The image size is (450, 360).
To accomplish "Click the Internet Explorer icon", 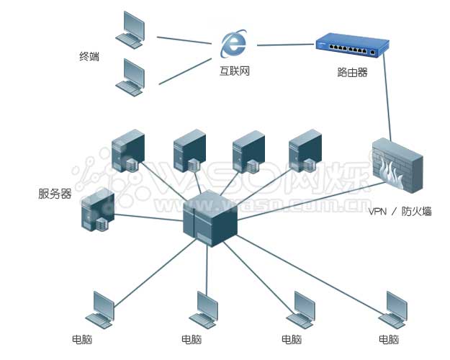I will click(x=234, y=45).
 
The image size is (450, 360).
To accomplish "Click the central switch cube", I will click(x=210, y=215).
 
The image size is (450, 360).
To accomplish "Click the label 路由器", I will click(x=352, y=72).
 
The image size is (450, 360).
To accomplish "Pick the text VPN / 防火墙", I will click(x=400, y=212).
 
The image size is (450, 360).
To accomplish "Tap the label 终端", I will click(x=89, y=56).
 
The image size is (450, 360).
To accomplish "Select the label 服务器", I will click(x=55, y=194).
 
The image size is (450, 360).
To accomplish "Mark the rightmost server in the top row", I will click(x=304, y=150).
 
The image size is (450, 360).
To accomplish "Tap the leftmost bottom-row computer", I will click(x=101, y=310).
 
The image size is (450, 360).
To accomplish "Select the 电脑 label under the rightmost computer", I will click(x=389, y=339).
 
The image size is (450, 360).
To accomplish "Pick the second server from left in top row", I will click(x=189, y=151).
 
